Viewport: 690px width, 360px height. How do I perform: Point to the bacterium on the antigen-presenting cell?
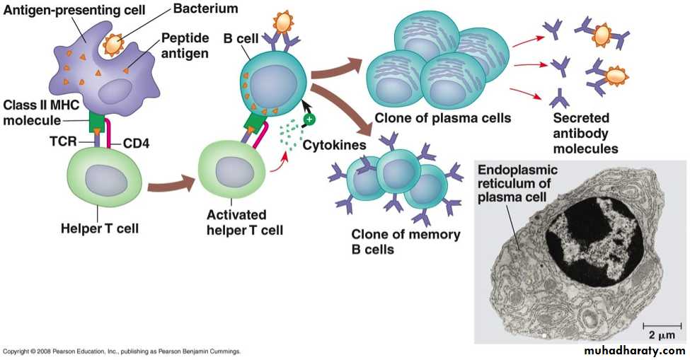tap(115, 45)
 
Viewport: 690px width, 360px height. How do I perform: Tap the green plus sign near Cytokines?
tap(309, 120)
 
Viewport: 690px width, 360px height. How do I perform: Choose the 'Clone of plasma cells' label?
tap(443, 117)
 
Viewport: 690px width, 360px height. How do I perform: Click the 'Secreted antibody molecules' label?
tap(581, 134)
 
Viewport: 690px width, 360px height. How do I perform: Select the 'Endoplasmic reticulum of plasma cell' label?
tap(517, 182)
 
